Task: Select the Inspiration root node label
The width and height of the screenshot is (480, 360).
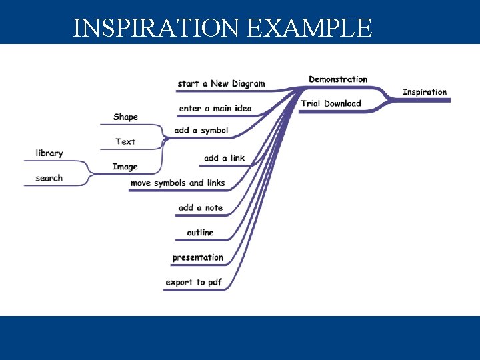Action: (x=424, y=92)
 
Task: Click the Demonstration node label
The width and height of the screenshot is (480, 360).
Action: (x=338, y=79)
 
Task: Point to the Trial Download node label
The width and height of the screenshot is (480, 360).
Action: (x=331, y=103)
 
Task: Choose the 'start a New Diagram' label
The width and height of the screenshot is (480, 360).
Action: (x=221, y=83)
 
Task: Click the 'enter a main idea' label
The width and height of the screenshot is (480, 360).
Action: (x=215, y=109)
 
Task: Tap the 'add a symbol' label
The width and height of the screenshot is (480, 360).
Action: (x=201, y=130)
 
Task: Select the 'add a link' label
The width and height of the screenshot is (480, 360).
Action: (x=224, y=158)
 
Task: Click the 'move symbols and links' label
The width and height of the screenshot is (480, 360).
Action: (x=177, y=183)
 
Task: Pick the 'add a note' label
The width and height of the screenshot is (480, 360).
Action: (x=200, y=207)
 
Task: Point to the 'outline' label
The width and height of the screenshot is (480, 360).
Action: (x=200, y=232)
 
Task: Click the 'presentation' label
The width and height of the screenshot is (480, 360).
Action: (x=198, y=257)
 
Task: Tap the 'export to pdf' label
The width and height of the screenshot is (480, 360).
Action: (x=194, y=282)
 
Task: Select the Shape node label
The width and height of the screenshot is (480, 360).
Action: (x=125, y=117)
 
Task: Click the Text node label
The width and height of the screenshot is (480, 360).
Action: (x=125, y=141)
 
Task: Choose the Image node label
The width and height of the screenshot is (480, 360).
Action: (x=125, y=167)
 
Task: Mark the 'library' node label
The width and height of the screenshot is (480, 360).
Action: (x=49, y=153)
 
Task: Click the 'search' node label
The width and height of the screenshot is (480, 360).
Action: (x=49, y=178)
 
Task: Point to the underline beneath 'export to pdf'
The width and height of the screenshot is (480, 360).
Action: (x=194, y=291)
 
